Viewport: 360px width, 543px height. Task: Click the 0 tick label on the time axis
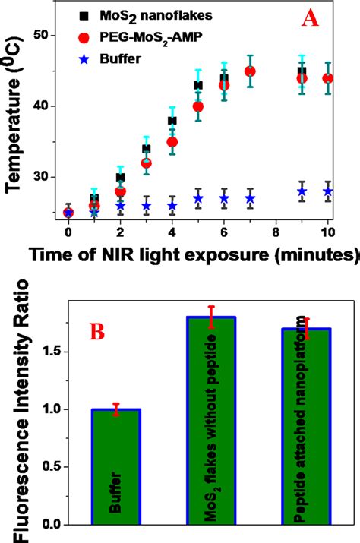[x=68, y=232]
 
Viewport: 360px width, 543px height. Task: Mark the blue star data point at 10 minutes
[x=328, y=191]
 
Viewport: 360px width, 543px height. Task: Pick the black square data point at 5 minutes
[x=198, y=85]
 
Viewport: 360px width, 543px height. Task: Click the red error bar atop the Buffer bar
[x=116, y=409]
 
